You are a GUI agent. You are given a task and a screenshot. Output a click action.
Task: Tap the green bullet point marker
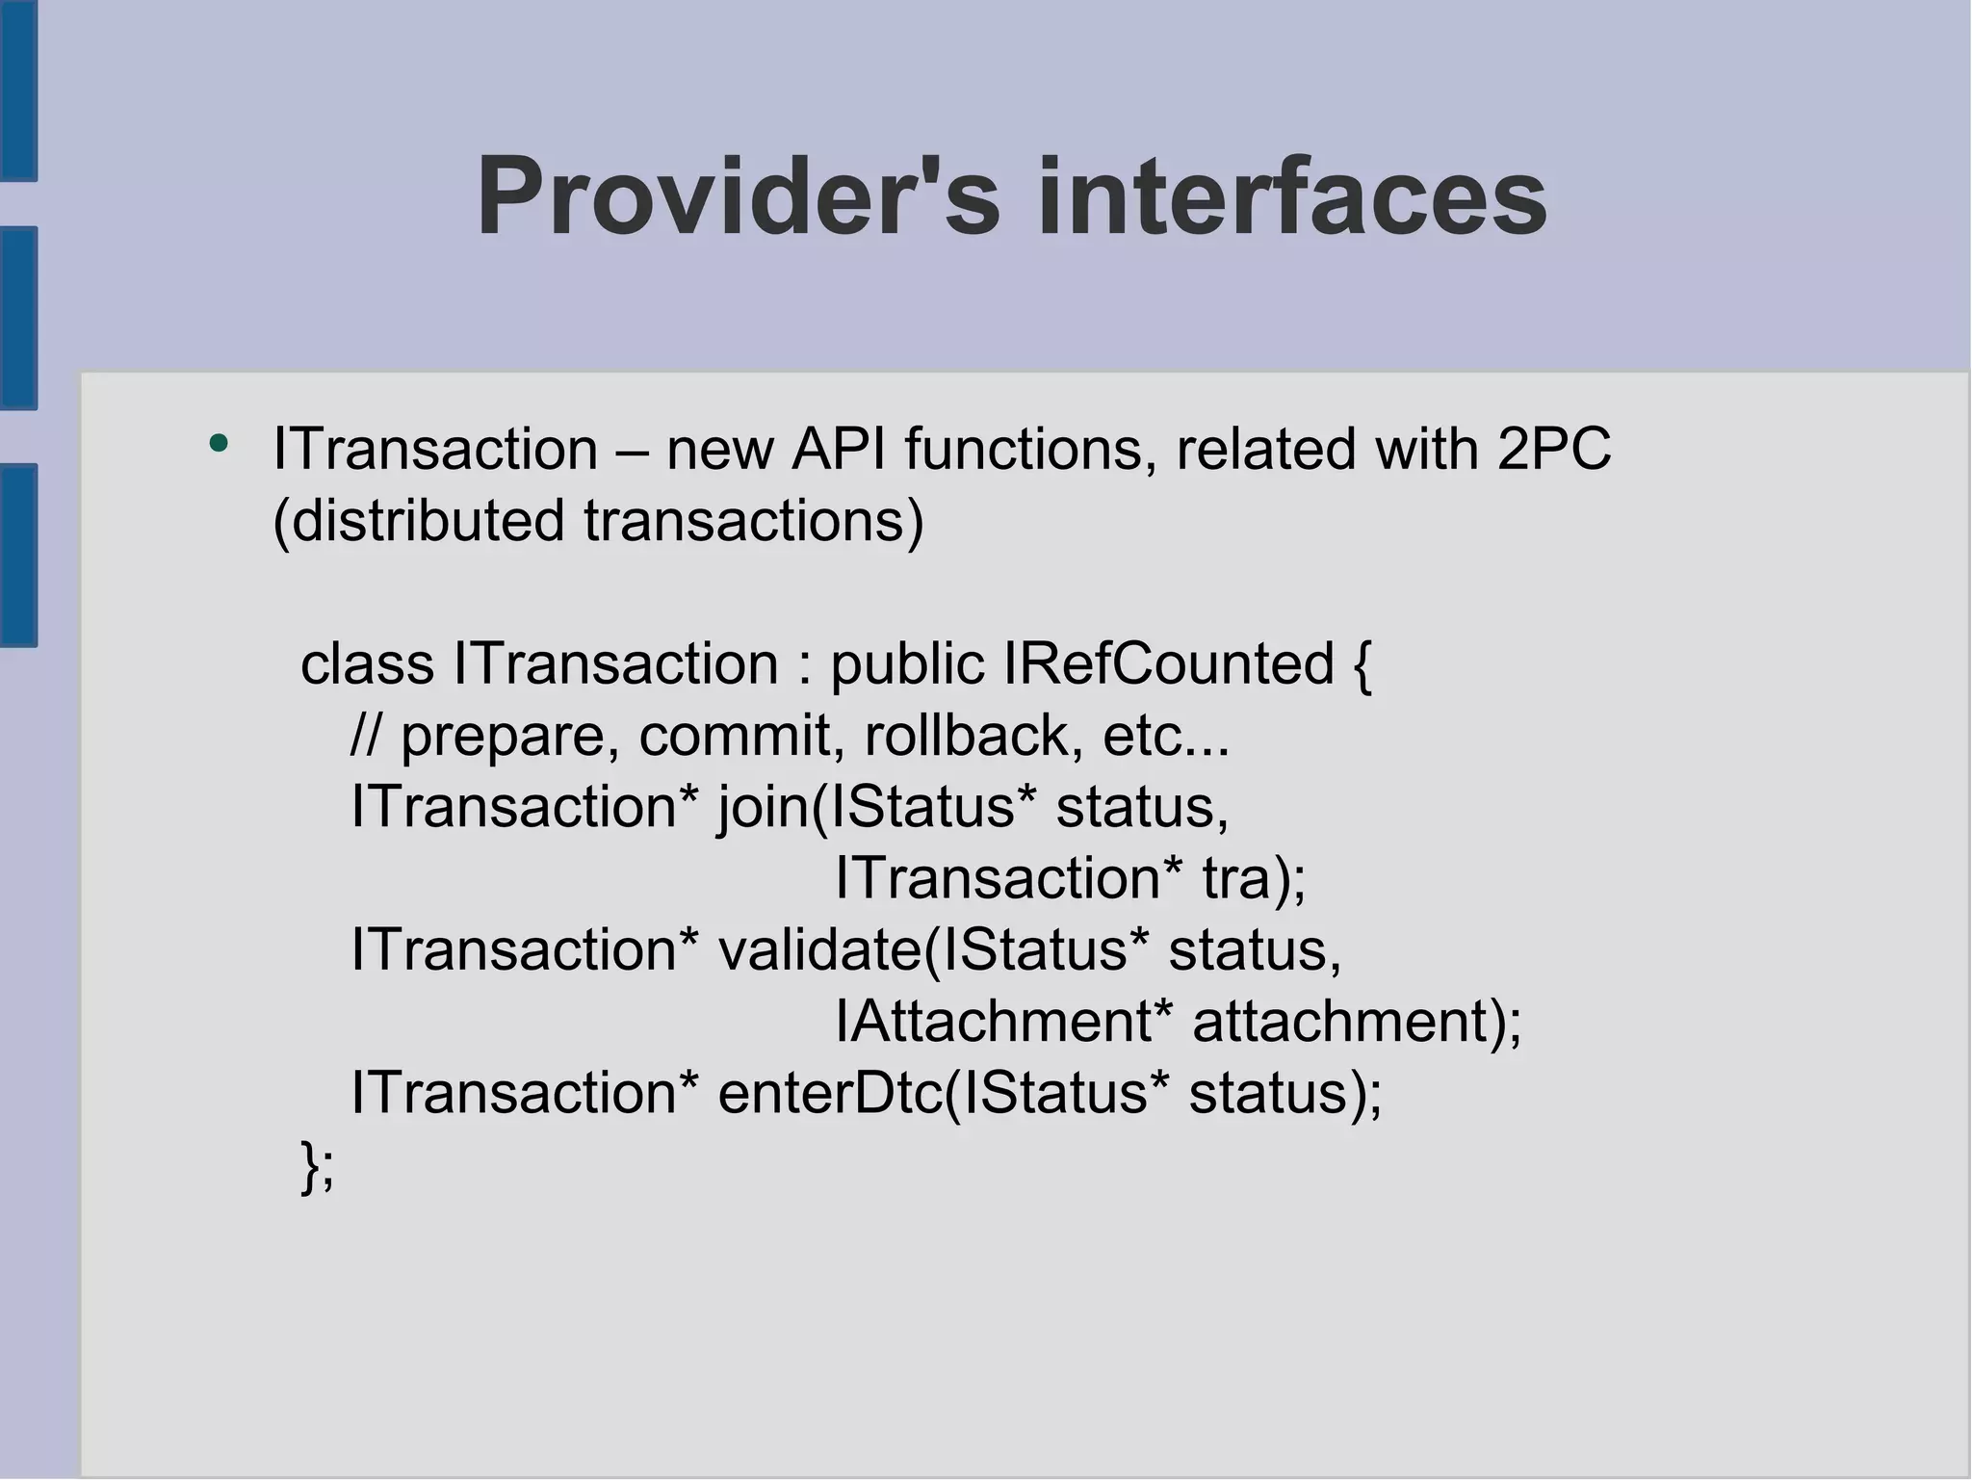click(220, 444)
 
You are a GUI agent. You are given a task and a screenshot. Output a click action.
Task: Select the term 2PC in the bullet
click(1553, 449)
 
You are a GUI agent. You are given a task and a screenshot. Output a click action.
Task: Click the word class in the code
click(367, 663)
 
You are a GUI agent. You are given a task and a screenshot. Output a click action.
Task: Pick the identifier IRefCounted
click(1168, 663)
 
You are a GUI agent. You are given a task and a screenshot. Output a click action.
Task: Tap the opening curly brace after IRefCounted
click(1362, 665)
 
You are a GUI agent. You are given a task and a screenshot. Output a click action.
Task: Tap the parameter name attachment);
click(1357, 1021)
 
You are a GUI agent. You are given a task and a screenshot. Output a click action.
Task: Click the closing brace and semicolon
click(318, 1166)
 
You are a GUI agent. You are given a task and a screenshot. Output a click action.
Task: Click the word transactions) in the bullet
click(753, 520)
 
